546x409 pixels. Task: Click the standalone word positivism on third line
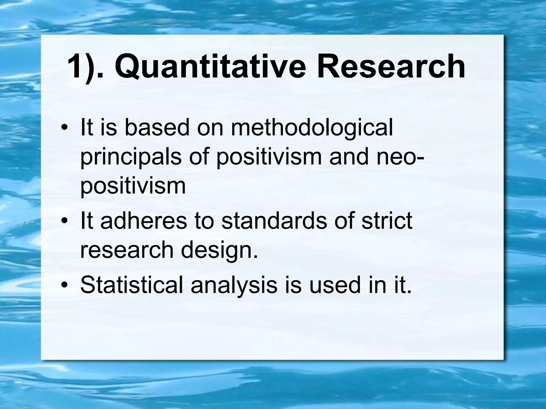133,186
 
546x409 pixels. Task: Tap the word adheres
144,221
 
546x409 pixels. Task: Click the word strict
387,221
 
